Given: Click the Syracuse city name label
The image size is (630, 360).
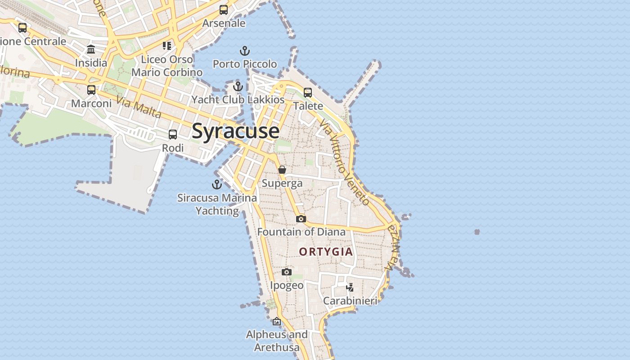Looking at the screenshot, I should click(x=235, y=131).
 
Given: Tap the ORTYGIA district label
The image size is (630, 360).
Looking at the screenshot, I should click(x=326, y=252).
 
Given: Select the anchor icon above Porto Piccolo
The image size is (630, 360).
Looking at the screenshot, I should click(x=244, y=50).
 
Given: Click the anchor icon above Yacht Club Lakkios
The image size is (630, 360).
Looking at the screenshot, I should click(x=238, y=86).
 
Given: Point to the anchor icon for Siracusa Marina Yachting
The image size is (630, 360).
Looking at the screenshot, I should click(x=217, y=184).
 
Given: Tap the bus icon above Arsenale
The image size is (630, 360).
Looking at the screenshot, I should click(x=224, y=10).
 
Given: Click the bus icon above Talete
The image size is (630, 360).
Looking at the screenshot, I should click(x=308, y=93).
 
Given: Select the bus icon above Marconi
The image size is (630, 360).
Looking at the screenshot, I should click(x=91, y=90).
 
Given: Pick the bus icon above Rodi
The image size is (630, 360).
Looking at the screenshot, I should click(x=173, y=135).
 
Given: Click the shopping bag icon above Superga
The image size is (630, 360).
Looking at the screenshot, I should click(x=282, y=170).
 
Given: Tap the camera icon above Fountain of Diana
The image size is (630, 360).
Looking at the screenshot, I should click(x=301, y=219).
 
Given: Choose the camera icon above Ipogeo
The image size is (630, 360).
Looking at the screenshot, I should click(x=287, y=272).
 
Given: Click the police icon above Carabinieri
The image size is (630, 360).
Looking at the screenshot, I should click(x=350, y=287).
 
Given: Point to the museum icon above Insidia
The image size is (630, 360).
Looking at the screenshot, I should click(x=91, y=49).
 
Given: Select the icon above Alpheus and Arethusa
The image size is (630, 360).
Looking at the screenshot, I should click(x=277, y=321).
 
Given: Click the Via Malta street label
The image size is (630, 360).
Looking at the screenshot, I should click(x=139, y=107).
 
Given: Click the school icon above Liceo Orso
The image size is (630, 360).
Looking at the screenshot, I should click(x=167, y=46).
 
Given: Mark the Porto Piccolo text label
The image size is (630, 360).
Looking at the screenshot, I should click(x=245, y=64).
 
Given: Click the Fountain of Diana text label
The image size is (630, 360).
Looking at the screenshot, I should click(x=301, y=232).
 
